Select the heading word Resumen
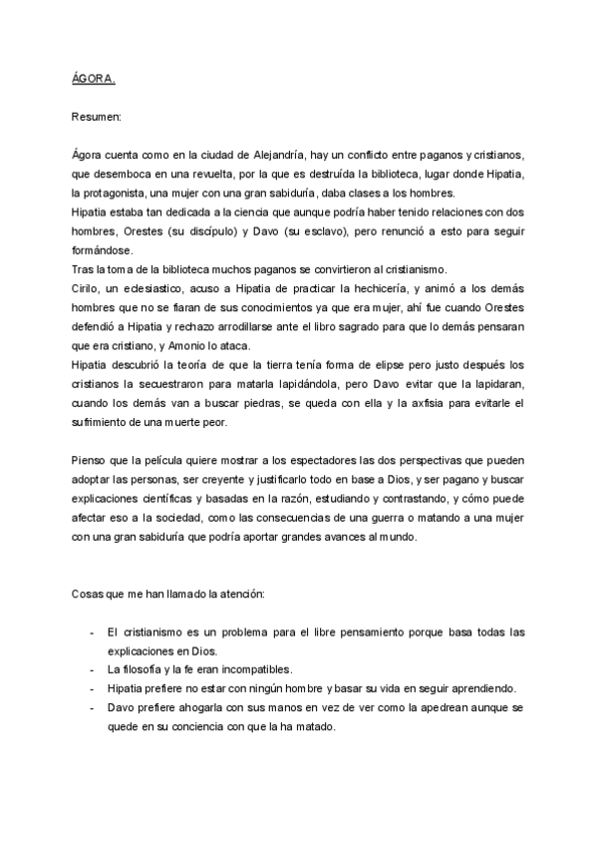(x=96, y=118)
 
